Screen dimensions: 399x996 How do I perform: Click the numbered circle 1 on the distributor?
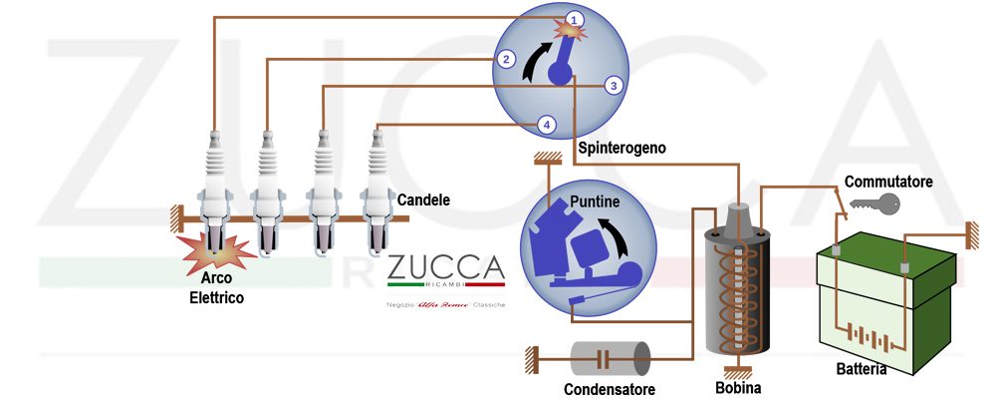tap(575, 19)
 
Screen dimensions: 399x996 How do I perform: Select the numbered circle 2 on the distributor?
tap(507, 59)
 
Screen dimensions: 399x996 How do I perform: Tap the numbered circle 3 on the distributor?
tap(615, 86)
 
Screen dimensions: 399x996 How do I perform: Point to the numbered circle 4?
tap(546, 125)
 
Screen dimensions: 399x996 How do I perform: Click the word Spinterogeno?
tap(622, 148)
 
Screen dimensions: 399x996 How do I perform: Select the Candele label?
tap(423, 200)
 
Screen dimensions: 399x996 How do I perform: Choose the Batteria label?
tap(861, 369)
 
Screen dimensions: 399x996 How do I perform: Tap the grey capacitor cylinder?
tap(611, 358)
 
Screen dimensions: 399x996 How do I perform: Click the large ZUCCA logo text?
tap(445, 269)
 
